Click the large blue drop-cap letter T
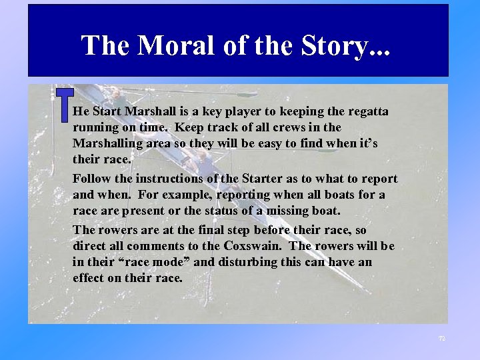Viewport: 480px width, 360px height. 64,105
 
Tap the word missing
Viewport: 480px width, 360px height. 315,211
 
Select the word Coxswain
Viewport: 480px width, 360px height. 255,246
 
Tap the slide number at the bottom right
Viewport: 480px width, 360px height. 441,339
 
